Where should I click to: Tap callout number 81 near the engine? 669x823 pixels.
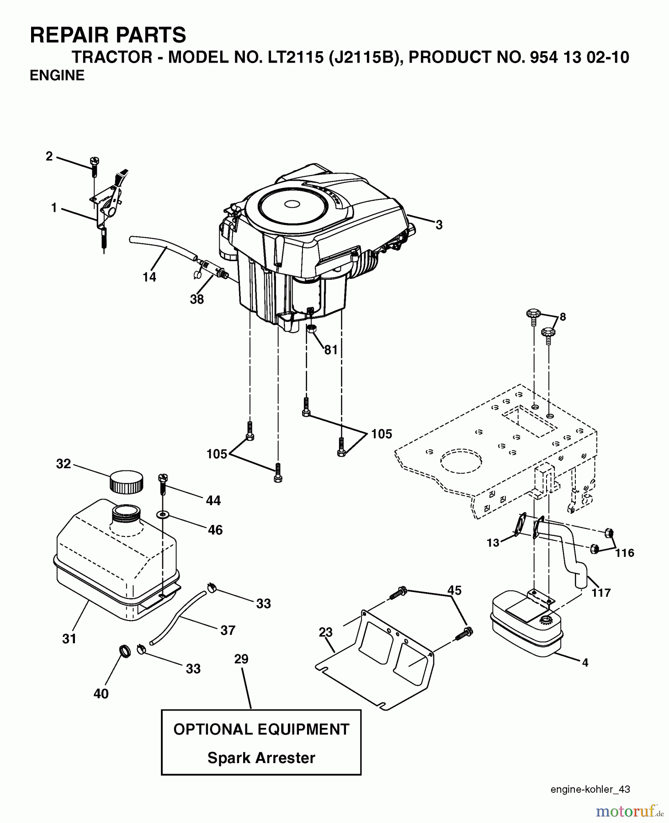click(x=331, y=350)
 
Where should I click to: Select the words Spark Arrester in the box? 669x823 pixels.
click(x=261, y=758)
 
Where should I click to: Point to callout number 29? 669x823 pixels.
click(x=241, y=659)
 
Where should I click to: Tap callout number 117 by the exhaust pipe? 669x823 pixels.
click(x=601, y=593)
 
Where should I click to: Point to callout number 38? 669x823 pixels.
click(x=197, y=299)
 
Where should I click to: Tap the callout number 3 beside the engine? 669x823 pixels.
click(x=439, y=224)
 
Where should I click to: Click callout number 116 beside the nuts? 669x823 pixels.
click(x=624, y=553)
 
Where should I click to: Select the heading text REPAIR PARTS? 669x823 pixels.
click(x=108, y=35)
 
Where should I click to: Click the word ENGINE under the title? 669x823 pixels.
click(x=57, y=75)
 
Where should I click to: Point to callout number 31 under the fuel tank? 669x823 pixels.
click(x=69, y=638)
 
